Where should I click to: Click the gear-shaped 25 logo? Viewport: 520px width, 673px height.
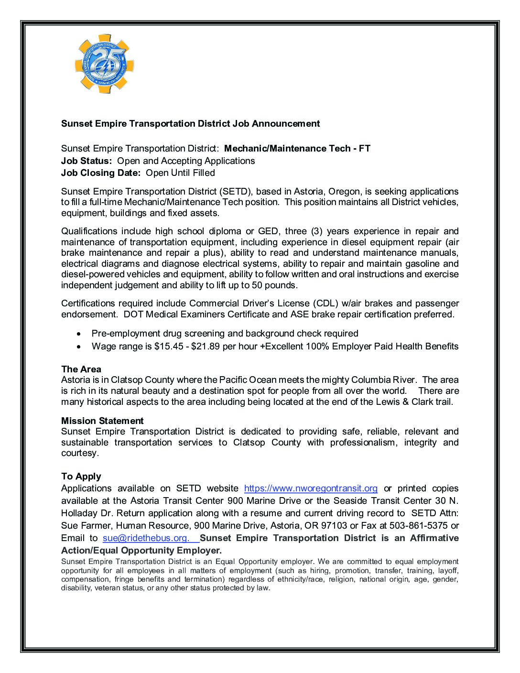pos(104,64)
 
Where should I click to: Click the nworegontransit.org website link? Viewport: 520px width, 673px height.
pos(311,488)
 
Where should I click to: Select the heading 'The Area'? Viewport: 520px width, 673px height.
pos(81,369)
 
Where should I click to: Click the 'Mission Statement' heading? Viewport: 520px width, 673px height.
pos(102,421)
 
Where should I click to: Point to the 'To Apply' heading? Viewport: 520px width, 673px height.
pos(81,477)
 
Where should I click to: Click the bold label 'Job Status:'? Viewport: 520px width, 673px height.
pos(87,161)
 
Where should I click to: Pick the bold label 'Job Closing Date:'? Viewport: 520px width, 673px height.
pos(101,173)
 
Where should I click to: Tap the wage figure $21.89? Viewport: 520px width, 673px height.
pos(206,347)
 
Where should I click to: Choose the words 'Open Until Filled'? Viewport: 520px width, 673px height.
pos(180,173)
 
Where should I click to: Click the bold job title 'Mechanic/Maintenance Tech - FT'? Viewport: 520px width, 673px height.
pos(297,149)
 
